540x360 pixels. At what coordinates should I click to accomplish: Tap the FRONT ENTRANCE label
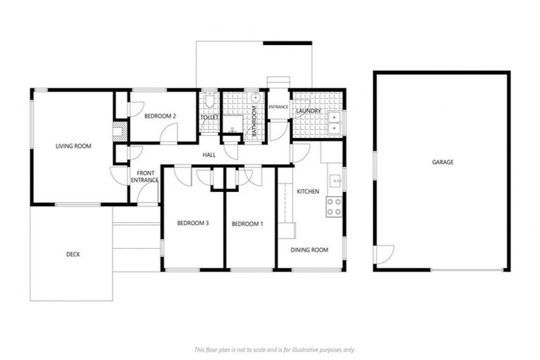145,176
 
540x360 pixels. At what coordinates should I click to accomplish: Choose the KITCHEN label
308,191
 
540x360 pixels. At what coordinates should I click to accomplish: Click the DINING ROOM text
309,250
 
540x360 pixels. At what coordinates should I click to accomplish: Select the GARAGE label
442,162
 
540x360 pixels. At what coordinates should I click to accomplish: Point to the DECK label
72,255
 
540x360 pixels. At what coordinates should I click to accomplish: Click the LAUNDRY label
308,111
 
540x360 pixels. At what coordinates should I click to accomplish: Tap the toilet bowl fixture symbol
209,98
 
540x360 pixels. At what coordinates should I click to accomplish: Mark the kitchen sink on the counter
336,181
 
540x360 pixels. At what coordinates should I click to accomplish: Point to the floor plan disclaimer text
274,349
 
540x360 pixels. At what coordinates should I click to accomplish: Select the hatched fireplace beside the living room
120,131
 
